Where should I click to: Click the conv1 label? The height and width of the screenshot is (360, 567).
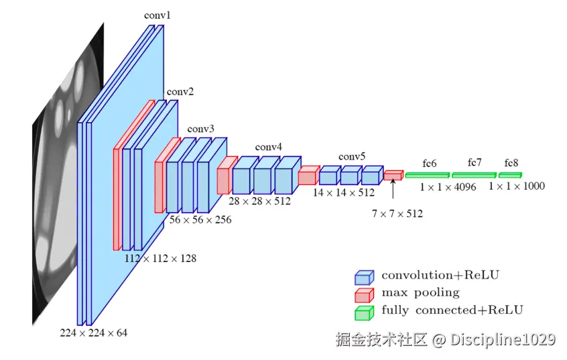coord(157,14)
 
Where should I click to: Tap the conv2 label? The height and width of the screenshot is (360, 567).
coord(180,92)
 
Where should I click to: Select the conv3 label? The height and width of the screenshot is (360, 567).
coord(201,129)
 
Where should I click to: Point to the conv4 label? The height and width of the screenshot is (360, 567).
coord(269,147)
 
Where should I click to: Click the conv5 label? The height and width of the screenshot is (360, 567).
coord(352,157)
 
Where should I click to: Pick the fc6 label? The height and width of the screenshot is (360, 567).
coord(430,163)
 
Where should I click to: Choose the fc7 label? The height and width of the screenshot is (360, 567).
coord(475,162)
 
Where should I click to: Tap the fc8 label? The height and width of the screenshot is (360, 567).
coord(511,163)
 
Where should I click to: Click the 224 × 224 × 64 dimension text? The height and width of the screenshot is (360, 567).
coord(93,332)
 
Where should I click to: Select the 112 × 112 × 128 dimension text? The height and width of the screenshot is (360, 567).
coord(161,257)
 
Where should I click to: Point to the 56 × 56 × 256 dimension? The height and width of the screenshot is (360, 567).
coord(200,220)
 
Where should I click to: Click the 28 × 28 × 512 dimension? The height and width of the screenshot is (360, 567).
coord(259,200)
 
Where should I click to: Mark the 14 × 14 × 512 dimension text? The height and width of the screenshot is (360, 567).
coord(344,192)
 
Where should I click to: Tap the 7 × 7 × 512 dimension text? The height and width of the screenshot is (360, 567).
coord(397,214)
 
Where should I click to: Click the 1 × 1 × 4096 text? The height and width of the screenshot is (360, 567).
coord(448,187)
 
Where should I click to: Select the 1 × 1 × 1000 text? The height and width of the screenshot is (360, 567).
coord(517,186)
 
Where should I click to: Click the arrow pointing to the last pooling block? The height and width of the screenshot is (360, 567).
coord(393,190)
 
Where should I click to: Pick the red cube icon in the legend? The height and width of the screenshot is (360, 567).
coord(364,294)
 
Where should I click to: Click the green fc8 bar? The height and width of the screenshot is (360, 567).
coord(510,175)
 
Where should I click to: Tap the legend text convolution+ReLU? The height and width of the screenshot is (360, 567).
coord(440,275)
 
